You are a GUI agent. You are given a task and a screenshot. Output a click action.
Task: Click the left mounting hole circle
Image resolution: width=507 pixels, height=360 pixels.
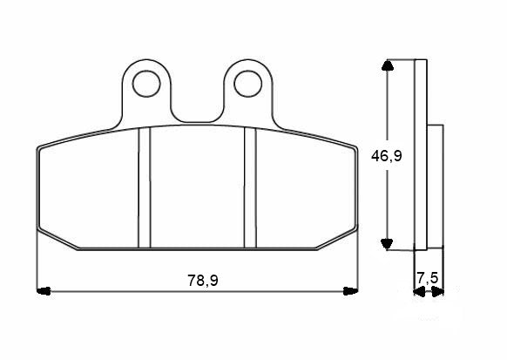pyautogui.click(x=145, y=84)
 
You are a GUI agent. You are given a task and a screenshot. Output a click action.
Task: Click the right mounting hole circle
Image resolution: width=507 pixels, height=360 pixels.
pyautogui.click(x=249, y=84)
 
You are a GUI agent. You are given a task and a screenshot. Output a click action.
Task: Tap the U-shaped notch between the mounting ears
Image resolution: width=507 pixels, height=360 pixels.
pyautogui.click(x=197, y=109)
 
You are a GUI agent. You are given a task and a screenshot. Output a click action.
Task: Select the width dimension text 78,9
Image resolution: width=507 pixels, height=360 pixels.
pyautogui.click(x=203, y=280)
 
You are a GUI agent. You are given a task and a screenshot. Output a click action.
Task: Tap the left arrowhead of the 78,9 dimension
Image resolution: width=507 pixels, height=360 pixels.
pyautogui.click(x=43, y=289)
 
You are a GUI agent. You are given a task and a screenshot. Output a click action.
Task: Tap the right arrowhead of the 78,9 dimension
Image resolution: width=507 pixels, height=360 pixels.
pyautogui.click(x=351, y=289)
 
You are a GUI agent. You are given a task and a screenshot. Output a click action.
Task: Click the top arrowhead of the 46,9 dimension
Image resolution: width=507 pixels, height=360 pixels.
pyautogui.click(x=389, y=66)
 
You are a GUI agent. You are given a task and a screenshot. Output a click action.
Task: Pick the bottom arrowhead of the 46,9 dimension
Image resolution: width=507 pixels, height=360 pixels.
pyautogui.click(x=389, y=244)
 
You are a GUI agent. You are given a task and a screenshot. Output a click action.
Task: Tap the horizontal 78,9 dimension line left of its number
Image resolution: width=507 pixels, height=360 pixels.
pyautogui.click(x=113, y=289)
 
